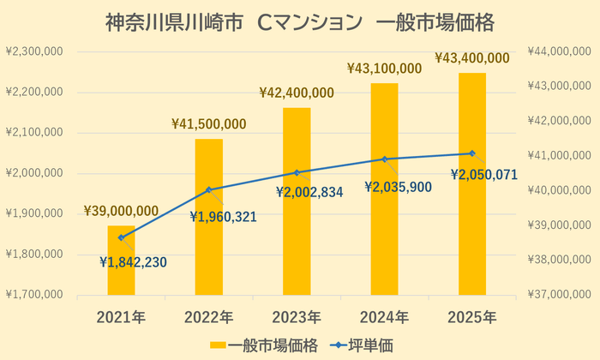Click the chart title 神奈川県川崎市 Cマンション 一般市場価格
pyautogui.click(x=300, y=21)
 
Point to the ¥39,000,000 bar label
pyautogui.click(x=121, y=211)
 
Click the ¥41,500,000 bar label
pyautogui.click(x=209, y=124)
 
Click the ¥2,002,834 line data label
pyautogui.click(x=309, y=193)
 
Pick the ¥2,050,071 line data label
pyautogui.click(x=485, y=175)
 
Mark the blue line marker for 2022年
pyautogui.click(x=208, y=189)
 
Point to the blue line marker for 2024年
pyautogui.click(x=384, y=159)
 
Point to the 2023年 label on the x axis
pyautogui.click(x=297, y=316)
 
